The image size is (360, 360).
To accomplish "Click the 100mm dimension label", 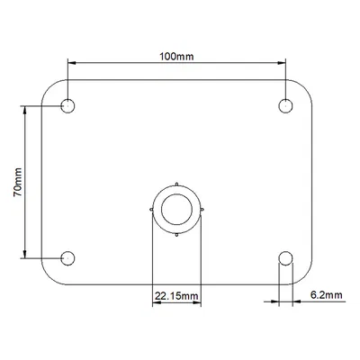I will pos(176,56).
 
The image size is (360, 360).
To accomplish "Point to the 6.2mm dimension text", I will pos(324,294).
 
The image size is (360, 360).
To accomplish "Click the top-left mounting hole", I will pos(67,106).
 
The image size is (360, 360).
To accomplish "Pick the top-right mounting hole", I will pos(285,106).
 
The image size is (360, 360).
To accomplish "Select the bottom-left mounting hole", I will pos(67,259).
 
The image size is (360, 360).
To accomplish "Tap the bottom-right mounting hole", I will pos(285,259).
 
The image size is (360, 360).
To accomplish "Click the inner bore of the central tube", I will pos(177,210).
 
